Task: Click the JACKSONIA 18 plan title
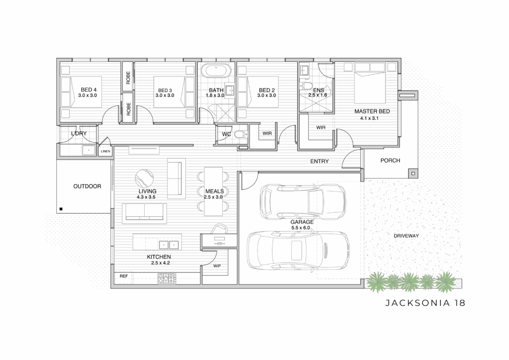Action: pyautogui.click(x=425, y=303)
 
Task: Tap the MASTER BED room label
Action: pyautogui.click(x=372, y=111)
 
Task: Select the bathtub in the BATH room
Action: pyautogui.click(x=216, y=71)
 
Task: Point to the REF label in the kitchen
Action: pyautogui.click(x=124, y=276)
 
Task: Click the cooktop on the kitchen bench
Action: pyautogui.click(x=167, y=278)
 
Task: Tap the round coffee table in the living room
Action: pyautogui.click(x=145, y=179)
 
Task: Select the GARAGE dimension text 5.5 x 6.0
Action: pyautogui.click(x=301, y=228)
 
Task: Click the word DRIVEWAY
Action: pyautogui.click(x=406, y=236)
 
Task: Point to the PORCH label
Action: pyautogui.click(x=390, y=161)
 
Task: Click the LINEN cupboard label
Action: pyautogui.click(x=105, y=151)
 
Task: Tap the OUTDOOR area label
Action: pyautogui.click(x=87, y=186)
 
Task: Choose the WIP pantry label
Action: pyautogui.click(x=217, y=266)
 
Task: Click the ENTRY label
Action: pyautogui.click(x=320, y=161)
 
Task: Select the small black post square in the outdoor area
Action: pyautogui.click(x=61, y=209)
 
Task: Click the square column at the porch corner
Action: pyautogui.click(x=413, y=174)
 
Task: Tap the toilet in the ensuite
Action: pyautogui.click(x=307, y=85)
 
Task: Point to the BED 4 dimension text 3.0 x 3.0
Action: pyautogui.click(x=87, y=95)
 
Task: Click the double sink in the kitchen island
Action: pyautogui.click(x=169, y=245)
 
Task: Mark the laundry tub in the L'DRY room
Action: pyautogui.click(x=88, y=150)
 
